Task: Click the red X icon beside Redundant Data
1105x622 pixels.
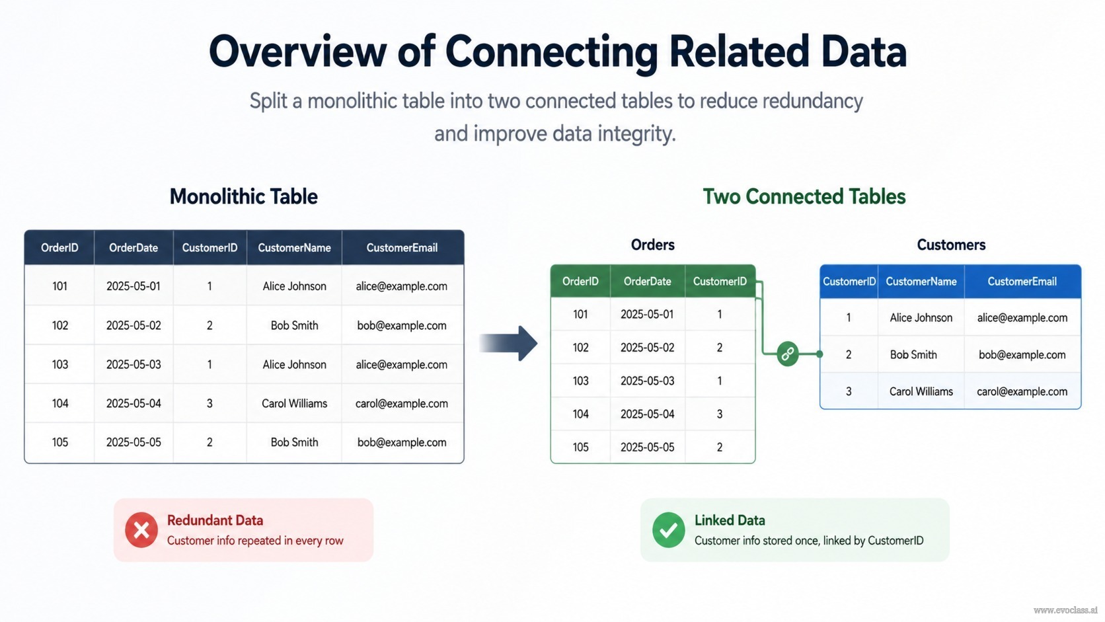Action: pyautogui.click(x=141, y=529)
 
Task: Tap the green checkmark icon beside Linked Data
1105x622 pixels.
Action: pyautogui.click(x=668, y=529)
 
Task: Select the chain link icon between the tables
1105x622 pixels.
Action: pyautogui.click(x=787, y=354)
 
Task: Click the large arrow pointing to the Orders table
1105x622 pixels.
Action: pyautogui.click(x=508, y=343)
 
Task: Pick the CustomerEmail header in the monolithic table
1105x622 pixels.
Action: pyautogui.click(x=402, y=248)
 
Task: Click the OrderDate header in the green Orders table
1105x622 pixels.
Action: pyautogui.click(x=647, y=281)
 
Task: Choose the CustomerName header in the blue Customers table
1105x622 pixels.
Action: pyautogui.click(x=921, y=282)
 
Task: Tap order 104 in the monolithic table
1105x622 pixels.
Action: pyautogui.click(x=59, y=403)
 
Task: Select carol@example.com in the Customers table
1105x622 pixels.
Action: pyautogui.click(x=1022, y=392)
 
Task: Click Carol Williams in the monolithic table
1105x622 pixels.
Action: pyautogui.click(x=294, y=403)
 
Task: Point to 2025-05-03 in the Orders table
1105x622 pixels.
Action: pyautogui.click(x=647, y=381)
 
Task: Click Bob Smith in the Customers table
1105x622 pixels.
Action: pyautogui.click(x=913, y=355)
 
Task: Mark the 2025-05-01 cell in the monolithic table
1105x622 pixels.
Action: pyautogui.click(x=133, y=286)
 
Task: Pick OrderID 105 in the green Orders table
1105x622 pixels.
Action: pyautogui.click(x=580, y=447)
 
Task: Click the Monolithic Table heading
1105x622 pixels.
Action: pyautogui.click(x=244, y=196)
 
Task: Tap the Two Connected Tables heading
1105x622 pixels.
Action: pyautogui.click(x=804, y=196)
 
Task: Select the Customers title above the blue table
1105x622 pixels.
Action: pyautogui.click(x=951, y=245)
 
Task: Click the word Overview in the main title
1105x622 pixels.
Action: pyautogui.click(x=298, y=52)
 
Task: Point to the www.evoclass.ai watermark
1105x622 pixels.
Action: pyautogui.click(x=1065, y=610)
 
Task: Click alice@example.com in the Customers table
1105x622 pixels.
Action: pyautogui.click(x=1022, y=318)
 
